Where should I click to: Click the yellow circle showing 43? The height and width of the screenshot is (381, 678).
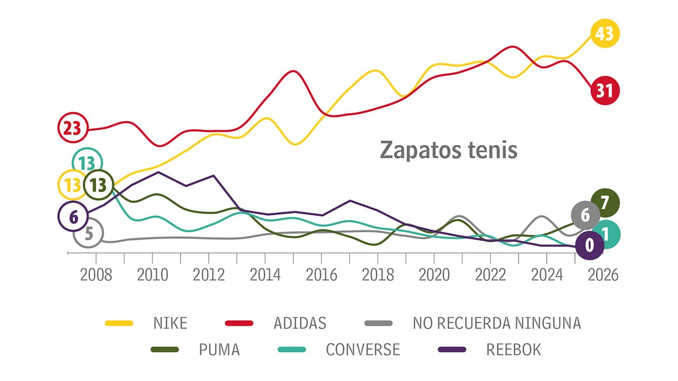tap(604, 33)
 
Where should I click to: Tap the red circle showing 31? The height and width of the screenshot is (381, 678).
tap(604, 90)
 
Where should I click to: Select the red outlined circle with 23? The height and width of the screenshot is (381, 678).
tap(72, 128)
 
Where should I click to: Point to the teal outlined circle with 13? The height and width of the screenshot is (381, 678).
tap(87, 163)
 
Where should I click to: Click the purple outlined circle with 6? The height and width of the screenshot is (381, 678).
tap(73, 216)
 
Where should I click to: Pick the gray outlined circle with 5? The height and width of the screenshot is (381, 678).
tap(88, 233)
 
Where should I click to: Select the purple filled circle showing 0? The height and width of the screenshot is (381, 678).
tap(589, 245)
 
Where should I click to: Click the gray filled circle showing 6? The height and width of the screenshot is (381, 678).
tap(585, 215)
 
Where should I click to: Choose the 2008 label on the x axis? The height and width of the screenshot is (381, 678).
tap(96, 276)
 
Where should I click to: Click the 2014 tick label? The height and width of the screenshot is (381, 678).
tap(265, 276)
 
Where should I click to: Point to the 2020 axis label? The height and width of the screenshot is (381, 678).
tap(434, 276)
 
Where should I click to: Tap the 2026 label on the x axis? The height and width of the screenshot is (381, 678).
tap(603, 276)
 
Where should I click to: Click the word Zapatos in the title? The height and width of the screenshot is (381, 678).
tap(415, 150)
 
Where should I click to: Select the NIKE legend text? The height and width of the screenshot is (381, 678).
tap(170, 323)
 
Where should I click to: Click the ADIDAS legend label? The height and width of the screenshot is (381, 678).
tap(300, 323)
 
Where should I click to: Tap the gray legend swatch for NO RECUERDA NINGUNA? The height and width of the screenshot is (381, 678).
tap(378, 323)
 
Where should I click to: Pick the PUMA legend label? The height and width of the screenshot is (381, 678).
tap(219, 350)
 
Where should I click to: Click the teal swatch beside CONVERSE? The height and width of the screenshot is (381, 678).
tap(292, 350)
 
